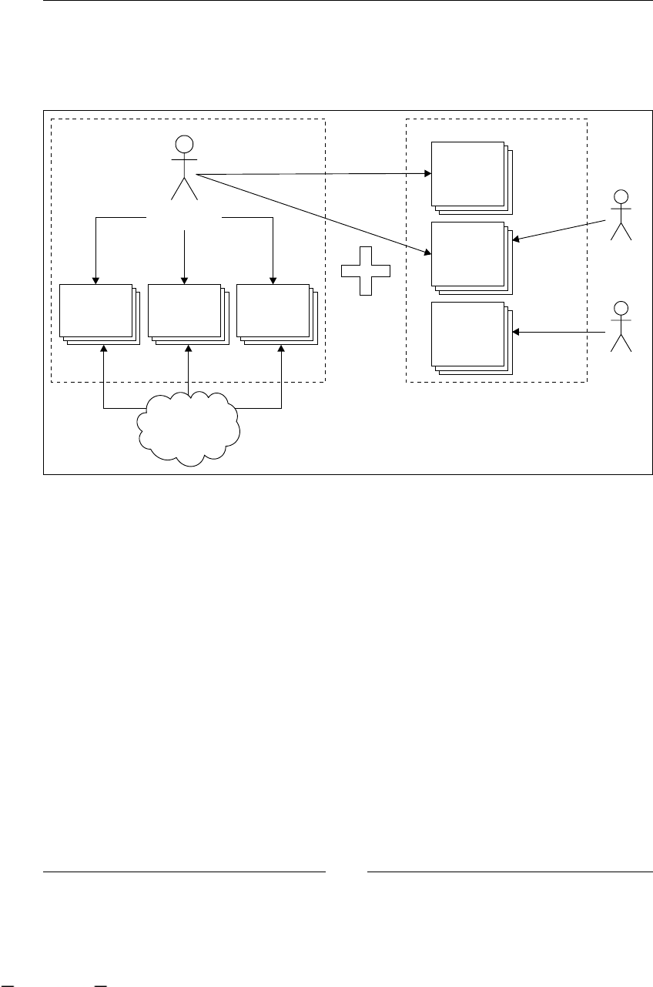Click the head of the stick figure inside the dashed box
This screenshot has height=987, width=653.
coord(184,143)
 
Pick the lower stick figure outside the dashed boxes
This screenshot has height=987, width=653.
coord(620,326)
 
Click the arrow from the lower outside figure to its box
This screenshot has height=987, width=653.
coord(560,332)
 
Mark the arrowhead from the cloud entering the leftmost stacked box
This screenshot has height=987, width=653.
coord(103,349)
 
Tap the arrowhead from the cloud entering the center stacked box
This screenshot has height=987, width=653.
coord(188,349)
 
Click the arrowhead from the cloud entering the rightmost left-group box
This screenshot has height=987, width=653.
coord(280,349)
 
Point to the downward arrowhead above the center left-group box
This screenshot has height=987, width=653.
coord(184,279)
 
